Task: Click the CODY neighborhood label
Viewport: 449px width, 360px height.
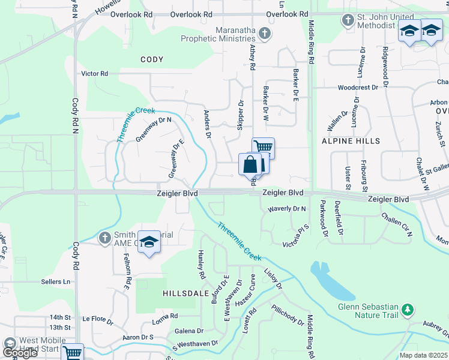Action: tap(152, 59)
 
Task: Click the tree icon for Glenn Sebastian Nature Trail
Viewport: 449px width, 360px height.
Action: tap(408, 310)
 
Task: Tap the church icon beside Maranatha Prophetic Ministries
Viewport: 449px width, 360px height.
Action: tap(265, 34)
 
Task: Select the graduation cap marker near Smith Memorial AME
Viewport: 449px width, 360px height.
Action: tap(149, 242)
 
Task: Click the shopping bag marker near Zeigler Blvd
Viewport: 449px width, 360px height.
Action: tap(250, 164)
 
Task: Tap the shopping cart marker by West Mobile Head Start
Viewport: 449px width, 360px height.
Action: tap(73, 353)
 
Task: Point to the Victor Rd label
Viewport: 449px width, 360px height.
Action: tap(95, 74)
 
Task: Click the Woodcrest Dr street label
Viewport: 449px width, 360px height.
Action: tap(358, 87)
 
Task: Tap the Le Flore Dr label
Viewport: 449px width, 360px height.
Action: tap(98, 321)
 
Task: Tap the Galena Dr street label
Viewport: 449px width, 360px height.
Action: tap(189, 331)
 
